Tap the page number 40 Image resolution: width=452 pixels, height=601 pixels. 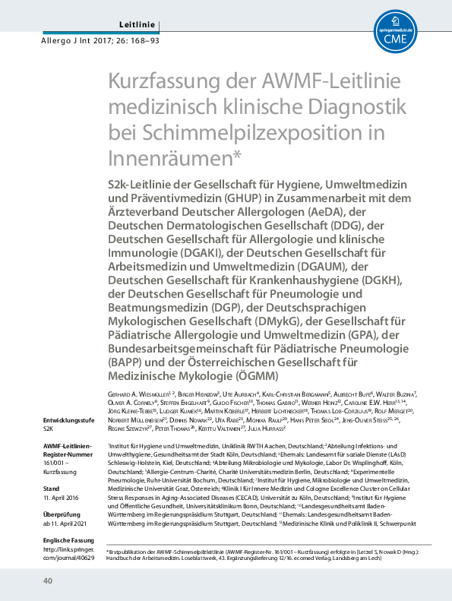(x=46, y=581)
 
